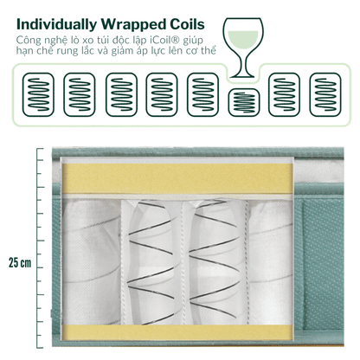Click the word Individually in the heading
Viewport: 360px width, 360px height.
pyautogui.click(x=57, y=25)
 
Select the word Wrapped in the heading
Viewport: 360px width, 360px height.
pyautogui.click(x=133, y=25)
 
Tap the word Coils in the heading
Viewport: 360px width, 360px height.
pyautogui.click(x=187, y=24)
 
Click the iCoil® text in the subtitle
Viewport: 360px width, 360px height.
pyautogui.click(x=166, y=40)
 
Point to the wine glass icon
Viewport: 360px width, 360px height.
pyautogui.click(x=244, y=48)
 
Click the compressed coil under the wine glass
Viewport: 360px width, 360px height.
pyautogui.click(x=244, y=102)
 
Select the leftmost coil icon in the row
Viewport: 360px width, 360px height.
pyautogui.click(x=38, y=94)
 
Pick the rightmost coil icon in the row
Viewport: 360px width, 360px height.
pyautogui.click(x=325, y=94)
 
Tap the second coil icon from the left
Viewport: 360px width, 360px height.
pyautogui.click(x=80, y=94)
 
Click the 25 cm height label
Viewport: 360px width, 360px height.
pyautogui.click(x=20, y=263)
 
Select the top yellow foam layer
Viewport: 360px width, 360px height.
pyautogui.click(x=177, y=178)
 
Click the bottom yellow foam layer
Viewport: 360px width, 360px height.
pyautogui.click(x=177, y=332)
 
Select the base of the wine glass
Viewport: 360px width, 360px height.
pyautogui.click(x=242, y=76)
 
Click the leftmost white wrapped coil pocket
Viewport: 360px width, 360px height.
pyautogui.click(x=92, y=261)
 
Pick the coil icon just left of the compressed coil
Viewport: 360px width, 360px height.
pyautogui.click(x=203, y=94)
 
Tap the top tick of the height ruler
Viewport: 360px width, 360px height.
pyautogui.click(x=40, y=149)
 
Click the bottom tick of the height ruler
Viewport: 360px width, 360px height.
pyautogui.click(x=40, y=348)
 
